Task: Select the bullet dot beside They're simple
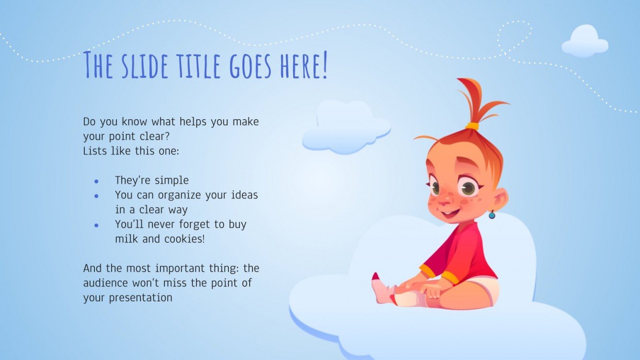[x=96, y=181]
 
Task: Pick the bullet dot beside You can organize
[x=96, y=196]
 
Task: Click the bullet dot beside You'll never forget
[x=96, y=225]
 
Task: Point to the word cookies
[x=184, y=238]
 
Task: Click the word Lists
[x=94, y=151]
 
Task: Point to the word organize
[x=204, y=195]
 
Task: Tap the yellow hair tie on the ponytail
[x=472, y=126]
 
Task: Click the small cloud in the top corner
[x=584, y=42]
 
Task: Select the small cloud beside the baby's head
[x=346, y=127]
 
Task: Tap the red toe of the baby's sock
[x=376, y=277]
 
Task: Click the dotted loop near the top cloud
[x=514, y=36]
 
